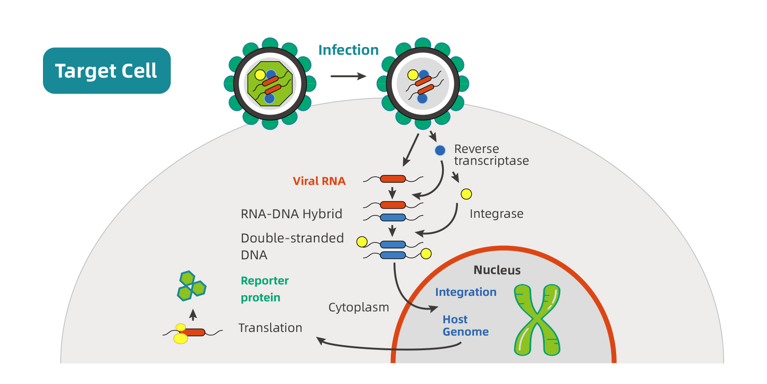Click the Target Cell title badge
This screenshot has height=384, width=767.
click(107, 71)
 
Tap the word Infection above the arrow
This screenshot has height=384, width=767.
click(348, 50)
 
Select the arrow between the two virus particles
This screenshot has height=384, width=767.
click(348, 76)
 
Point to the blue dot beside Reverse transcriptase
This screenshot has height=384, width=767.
click(440, 150)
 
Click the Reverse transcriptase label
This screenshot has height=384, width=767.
click(491, 155)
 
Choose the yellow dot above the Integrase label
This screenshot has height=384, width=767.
click(466, 194)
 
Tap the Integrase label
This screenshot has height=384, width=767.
click(496, 214)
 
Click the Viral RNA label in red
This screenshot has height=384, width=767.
click(319, 181)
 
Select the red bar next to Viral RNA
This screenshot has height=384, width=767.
click(393, 179)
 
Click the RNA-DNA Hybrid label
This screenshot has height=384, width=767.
click(291, 214)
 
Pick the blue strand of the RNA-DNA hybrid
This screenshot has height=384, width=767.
click(393, 218)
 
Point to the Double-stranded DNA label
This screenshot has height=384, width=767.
click(292, 246)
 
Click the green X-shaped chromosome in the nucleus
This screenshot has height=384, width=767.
click(537, 320)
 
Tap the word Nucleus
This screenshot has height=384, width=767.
click(497, 270)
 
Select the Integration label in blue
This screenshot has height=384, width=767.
click(465, 292)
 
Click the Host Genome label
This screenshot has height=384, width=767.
click(465, 326)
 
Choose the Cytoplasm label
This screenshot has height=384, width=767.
click(358, 307)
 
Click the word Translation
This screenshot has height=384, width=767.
click(270, 328)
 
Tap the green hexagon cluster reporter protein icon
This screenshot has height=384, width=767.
click(191, 286)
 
